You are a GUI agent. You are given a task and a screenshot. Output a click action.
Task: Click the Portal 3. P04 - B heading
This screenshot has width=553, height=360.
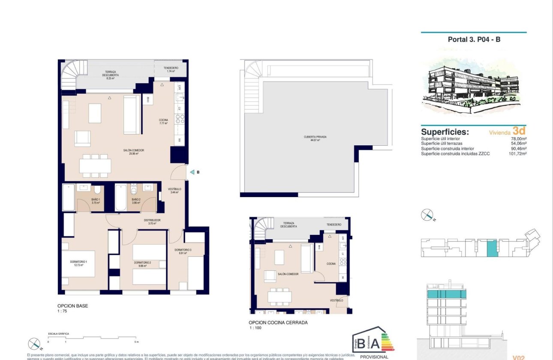[x=474, y=39]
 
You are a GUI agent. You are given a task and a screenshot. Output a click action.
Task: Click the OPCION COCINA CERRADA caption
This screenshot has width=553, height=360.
[x=278, y=323]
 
